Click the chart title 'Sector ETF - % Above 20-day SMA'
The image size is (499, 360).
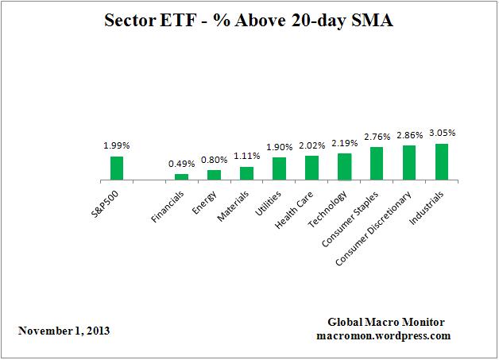[249, 22]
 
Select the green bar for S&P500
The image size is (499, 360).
[116, 168]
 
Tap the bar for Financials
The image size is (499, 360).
[181, 176]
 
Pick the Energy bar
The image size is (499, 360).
[214, 175]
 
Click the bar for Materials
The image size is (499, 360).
[246, 173]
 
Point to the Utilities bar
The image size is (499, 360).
[279, 168]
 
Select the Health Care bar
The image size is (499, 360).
[311, 168]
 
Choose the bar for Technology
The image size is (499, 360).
[344, 166]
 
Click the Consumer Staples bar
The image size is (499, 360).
[377, 163]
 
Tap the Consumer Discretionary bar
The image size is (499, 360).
[409, 162]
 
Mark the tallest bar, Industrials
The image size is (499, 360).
[442, 161]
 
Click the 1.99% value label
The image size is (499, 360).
[116, 146]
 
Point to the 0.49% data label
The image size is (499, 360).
[181, 164]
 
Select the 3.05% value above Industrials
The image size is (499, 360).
[442, 133]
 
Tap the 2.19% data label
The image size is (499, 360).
[344, 142]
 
